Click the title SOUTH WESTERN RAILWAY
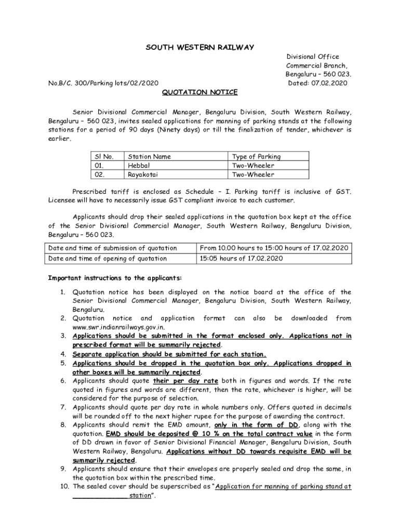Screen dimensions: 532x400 200,48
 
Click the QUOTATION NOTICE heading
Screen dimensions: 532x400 199,92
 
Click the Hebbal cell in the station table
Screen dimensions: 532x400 139,166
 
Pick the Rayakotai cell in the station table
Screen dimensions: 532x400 143,175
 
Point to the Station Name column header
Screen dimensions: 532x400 149,156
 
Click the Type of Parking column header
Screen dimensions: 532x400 256,156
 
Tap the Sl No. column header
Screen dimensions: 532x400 104,156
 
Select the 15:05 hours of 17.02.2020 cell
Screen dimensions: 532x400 242,258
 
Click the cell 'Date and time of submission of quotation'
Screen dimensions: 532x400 113,248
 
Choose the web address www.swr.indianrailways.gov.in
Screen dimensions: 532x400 119,327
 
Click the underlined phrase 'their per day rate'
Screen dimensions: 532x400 181,381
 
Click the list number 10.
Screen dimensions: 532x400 64,487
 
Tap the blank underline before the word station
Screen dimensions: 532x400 100,496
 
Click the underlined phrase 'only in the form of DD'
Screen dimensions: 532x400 257,424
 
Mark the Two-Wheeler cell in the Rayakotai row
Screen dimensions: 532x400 253,175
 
